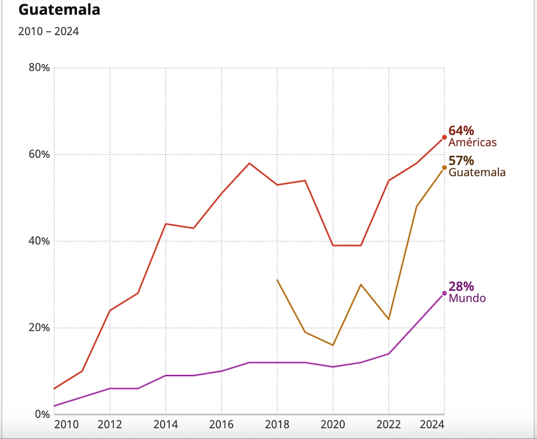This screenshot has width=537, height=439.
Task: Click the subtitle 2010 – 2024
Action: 48,31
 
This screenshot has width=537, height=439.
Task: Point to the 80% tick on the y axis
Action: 39,68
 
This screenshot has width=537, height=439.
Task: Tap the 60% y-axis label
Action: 39,154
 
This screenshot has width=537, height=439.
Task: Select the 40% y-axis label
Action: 39,241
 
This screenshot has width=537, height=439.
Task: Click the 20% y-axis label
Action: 39,328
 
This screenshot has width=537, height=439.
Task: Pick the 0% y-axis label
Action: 42,414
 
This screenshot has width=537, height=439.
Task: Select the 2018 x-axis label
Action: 277,424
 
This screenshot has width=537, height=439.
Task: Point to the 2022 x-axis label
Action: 389,424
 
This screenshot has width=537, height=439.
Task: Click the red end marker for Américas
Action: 444,137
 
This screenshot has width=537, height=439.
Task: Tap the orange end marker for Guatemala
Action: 444,167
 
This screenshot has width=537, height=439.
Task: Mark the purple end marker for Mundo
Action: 444,293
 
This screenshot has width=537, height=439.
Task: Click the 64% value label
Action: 461,131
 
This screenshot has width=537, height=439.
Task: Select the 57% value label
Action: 461,161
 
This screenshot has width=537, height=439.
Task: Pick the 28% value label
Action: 461,287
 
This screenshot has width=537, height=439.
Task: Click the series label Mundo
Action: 467,299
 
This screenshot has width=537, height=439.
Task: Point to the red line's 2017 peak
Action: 249,163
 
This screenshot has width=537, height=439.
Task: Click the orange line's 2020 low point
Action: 333,345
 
